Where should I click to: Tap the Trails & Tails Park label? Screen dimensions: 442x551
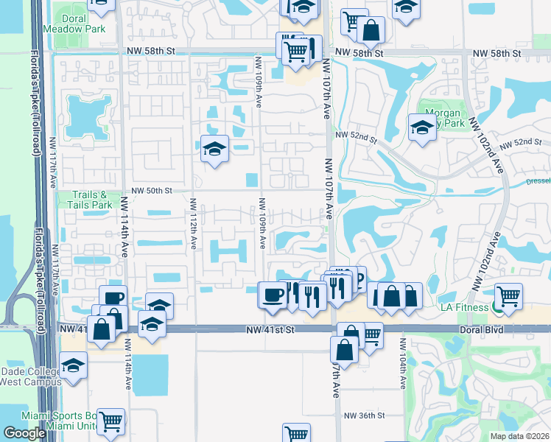(x=91, y=200)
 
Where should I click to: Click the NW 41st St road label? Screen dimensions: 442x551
(x=270, y=331)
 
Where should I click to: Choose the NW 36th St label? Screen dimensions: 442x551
(x=365, y=415)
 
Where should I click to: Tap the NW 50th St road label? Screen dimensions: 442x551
(x=147, y=190)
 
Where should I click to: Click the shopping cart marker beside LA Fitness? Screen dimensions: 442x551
(x=509, y=297)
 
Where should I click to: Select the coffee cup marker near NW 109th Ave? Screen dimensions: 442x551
(x=273, y=295)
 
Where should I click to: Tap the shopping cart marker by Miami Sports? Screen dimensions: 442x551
(x=111, y=422)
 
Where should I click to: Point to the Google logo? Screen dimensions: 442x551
(x=24, y=433)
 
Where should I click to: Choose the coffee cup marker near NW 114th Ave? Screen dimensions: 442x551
(x=113, y=298)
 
